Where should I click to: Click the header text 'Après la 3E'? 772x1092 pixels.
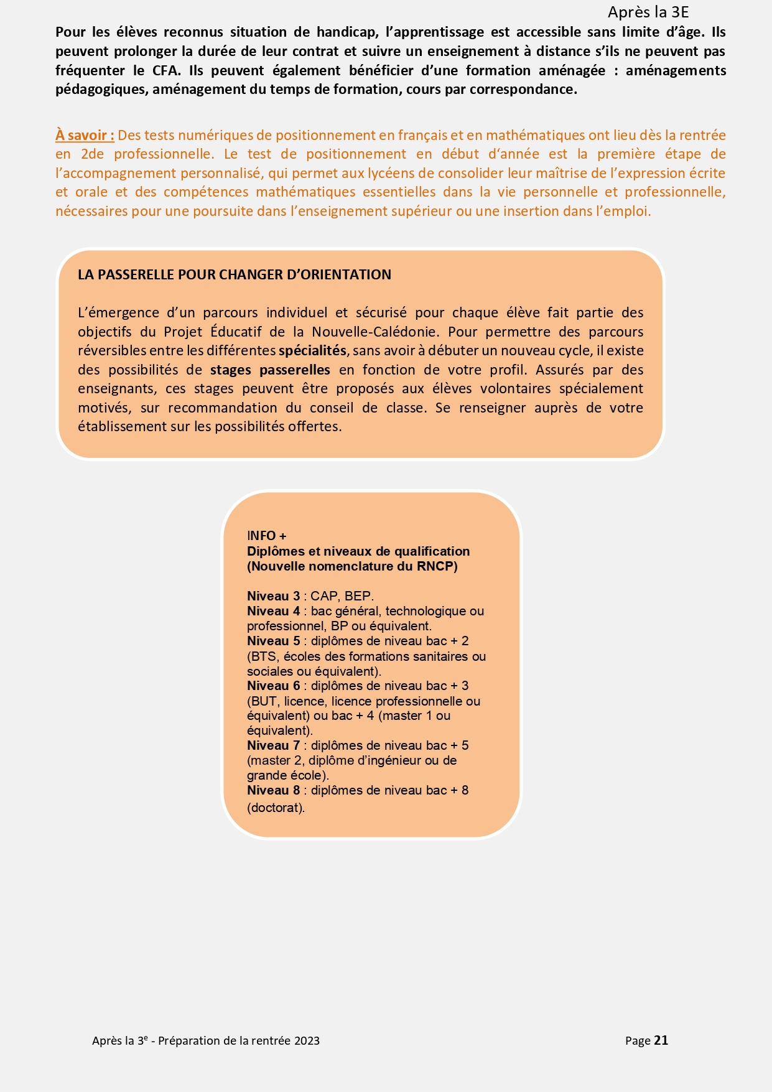click(648, 12)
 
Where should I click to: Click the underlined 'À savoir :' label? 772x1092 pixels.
click(85, 135)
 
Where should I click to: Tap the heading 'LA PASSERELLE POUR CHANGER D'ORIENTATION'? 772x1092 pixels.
click(235, 274)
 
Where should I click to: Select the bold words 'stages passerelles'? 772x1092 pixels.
click(270, 370)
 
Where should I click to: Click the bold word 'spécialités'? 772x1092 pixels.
click(312, 350)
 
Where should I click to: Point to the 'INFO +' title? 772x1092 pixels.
click(266, 536)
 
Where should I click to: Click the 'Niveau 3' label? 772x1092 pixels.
click(273, 596)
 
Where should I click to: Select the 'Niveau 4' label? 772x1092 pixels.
click(273, 611)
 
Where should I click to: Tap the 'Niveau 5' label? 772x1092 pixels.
click(273, 641)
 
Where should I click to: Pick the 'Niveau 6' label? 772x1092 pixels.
click(273, 686)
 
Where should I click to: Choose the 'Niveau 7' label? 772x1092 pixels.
click(273, 745)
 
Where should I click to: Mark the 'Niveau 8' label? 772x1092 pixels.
click(273, 790)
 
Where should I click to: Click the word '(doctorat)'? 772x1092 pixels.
click(276, 808)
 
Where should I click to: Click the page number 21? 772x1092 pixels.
click(661, 1040)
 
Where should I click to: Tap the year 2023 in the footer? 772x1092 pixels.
click(307, 1041)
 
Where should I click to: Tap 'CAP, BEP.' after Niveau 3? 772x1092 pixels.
click(342, 596)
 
